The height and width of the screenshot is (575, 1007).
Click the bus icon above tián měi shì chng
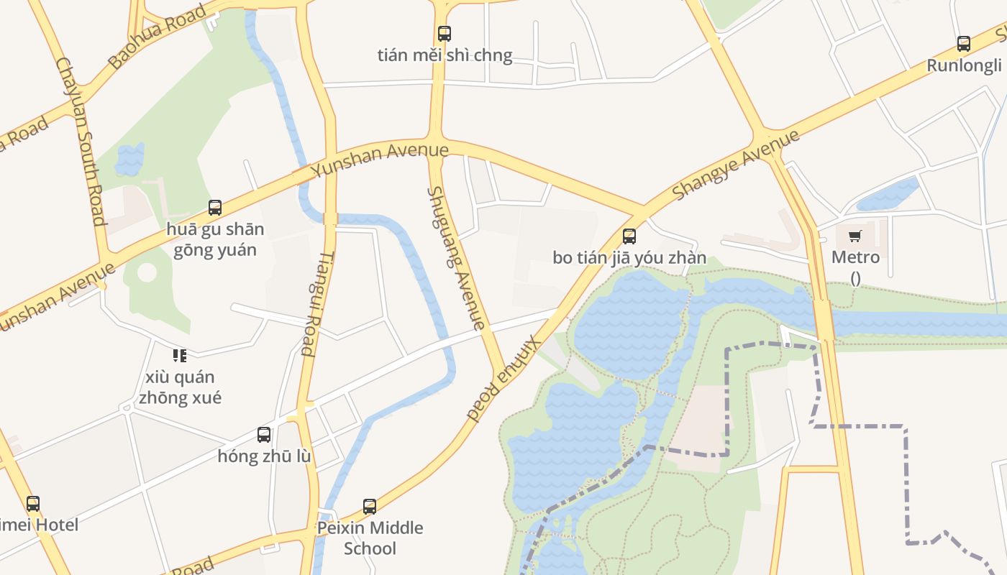coord(445,33)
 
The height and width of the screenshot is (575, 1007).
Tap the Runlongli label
coord(964,65)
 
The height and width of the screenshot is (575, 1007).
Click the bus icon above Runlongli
coord(964,43)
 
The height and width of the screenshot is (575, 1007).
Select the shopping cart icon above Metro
coord(855,236)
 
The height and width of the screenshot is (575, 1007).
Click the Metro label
coord(855,257)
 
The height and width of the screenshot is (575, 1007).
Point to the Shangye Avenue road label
coord(735,165)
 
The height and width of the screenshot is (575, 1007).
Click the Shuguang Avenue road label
coord(456,258)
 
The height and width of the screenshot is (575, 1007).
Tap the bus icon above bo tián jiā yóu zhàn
coord(629,236)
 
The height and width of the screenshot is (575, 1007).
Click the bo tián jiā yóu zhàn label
coord(629,258)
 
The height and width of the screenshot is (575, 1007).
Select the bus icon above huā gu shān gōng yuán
coord(215,208)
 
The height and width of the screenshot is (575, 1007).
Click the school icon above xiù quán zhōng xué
coord(180,355)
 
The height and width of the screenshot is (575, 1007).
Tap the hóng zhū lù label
coord(264,456)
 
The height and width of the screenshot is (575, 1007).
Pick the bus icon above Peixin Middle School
coord(370,506)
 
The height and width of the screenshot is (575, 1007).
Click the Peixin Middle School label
coord(370,538)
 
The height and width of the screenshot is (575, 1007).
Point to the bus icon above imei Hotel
coord(33,503)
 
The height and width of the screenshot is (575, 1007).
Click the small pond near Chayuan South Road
coord(129,159)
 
